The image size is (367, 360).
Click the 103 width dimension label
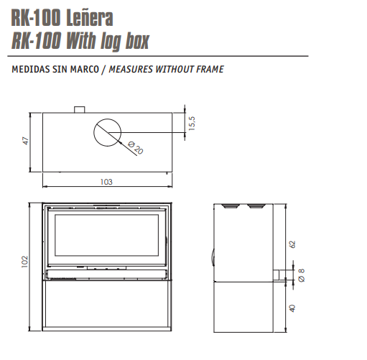pyautogui.click(x=106, y=182)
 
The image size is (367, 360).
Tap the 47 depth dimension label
pyautogui.click(x=25, y=141)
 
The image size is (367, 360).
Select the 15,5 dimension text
pyautogui.click(x=192, y=124)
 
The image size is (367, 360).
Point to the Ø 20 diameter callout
pyautogui.click(x=136, y=148)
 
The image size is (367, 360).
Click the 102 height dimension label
pyautogui.click(x=24, y=262)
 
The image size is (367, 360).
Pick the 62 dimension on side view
pyautogui.click(x=292, y=244)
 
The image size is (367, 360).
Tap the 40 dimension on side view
pyautogui.click(x=292, y=308)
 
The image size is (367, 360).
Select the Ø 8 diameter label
pyautogui.click(x=302, y=275)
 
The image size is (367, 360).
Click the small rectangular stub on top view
pyautogui.click(x=79, y=110)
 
